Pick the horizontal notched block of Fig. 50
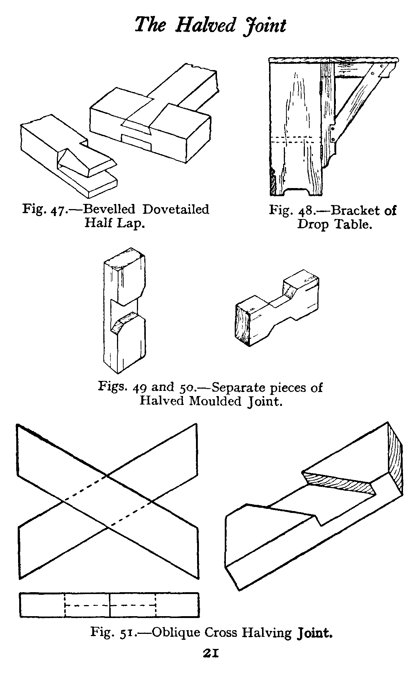(277, 310)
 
